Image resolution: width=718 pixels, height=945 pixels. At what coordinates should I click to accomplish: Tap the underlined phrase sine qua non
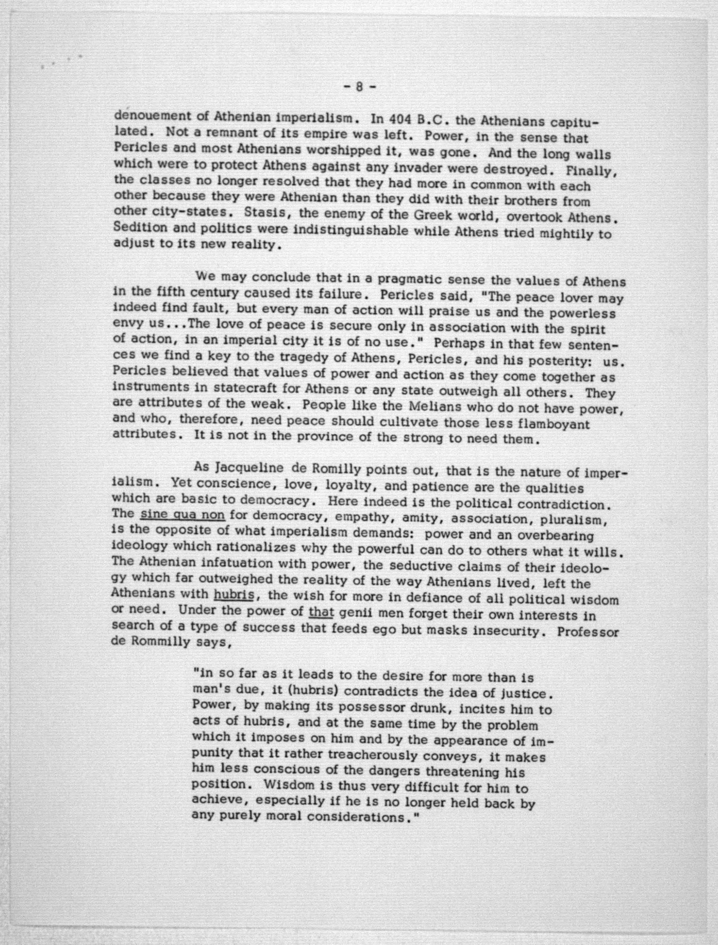coord(183,514)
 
